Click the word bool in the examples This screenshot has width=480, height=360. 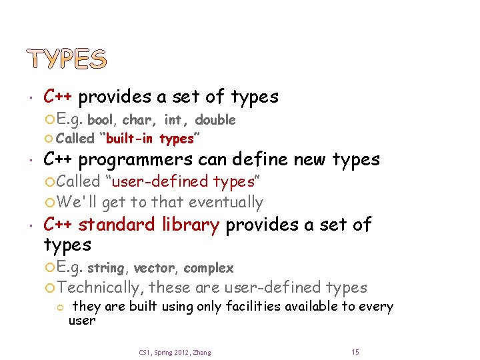[x=100, y=121]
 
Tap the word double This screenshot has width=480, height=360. [x=215, y=121]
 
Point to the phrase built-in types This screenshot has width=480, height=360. [x=147, y=139]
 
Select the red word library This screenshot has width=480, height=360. [x=192, y=225]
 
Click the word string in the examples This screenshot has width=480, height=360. [x=106, y=269]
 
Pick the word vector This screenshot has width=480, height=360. [x=153, y=269]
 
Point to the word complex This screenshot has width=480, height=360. [x=209, y=269]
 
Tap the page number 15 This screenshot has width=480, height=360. [x=355, y=352]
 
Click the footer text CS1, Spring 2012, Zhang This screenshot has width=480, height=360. [x=175, y=352]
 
